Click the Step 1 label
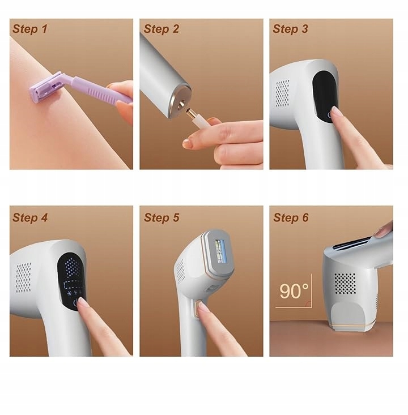(30, 29)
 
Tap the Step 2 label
(161, 29)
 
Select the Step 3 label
(290, 29)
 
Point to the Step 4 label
(30, 217)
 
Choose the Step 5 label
(161, 217)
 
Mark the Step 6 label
(291, 217)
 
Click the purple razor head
(45, 87)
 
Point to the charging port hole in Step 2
(181, 105)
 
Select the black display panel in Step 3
(325, 96)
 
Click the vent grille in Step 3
(282, 93)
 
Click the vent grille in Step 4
(24, 277)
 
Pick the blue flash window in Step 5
(220, 251)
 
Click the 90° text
(294, 291)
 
